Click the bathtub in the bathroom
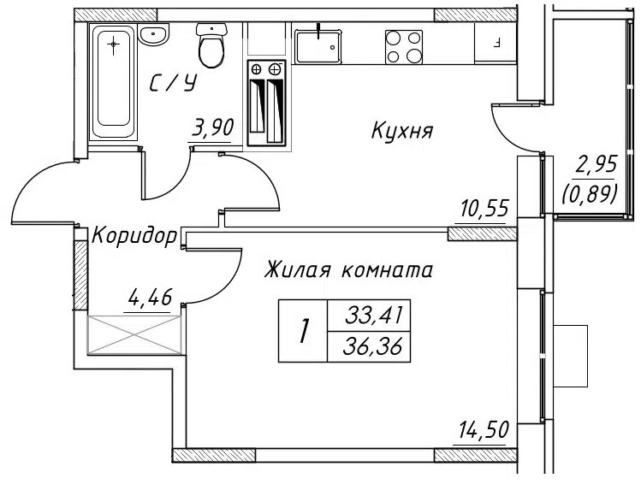112,82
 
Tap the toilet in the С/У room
211,44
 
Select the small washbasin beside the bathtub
153,33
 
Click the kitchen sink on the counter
318,46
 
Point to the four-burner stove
403,47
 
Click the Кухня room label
402,131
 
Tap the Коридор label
134,236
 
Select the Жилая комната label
348,270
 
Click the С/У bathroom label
174,82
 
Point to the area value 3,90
213,127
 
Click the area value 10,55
484,209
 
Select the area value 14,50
484,429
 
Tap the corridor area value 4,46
150,298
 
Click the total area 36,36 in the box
373,347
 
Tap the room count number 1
303,331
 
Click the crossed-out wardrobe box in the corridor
134,334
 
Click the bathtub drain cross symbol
114,44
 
